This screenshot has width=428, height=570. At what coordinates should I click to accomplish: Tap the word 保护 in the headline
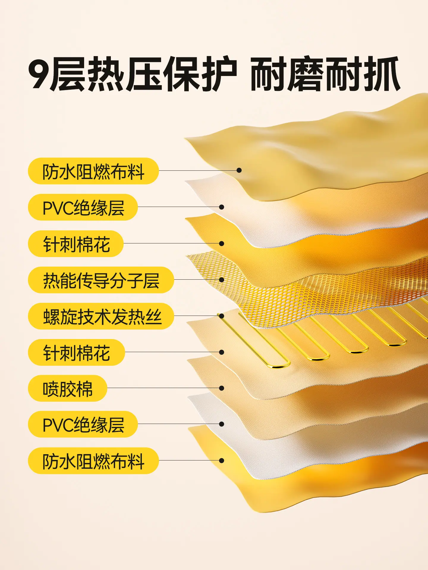click(x=201, y=73)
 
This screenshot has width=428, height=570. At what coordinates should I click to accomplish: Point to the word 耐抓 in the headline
click(x=362, y=73)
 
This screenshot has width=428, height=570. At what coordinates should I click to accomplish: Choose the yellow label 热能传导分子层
click(x=101, y=280)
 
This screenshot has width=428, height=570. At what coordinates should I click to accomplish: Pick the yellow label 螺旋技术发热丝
click(x=101, y=316)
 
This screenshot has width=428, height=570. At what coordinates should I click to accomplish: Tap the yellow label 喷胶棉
click(x=67, y=388)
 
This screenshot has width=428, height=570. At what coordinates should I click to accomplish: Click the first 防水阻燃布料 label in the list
click(x=93, y=171)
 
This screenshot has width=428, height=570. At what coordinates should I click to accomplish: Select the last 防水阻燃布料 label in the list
click(x=93, y=461)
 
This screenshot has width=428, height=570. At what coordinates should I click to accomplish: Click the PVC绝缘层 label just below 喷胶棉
click(x=83, y=424)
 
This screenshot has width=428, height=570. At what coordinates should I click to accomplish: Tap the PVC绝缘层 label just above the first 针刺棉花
click(x=83, y=207)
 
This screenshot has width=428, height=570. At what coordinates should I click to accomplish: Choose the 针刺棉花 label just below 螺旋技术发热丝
click(x=76, y=352)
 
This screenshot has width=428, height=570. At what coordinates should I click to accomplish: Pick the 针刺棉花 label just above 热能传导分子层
click(x=76, y=244)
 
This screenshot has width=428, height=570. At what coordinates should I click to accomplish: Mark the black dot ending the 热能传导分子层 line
click(x=221, y=280)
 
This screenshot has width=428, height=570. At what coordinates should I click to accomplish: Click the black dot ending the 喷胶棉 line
click(x=221, y=388)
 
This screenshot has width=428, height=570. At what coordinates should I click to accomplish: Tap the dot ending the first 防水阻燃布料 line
click(x=239, y=170)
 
